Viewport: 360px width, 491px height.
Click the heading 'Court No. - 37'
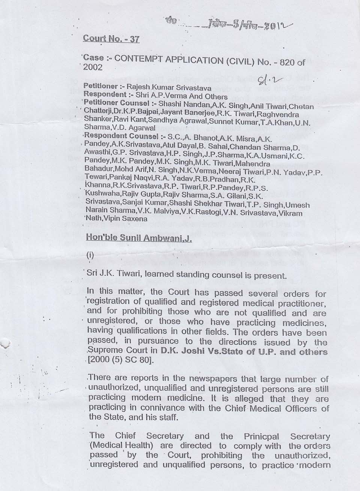pos(111,39)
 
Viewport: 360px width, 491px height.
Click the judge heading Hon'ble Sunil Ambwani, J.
pos(139,238)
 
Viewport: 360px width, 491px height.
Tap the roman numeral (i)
pos(90,256)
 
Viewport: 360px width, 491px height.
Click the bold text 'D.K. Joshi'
pos(181,352)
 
